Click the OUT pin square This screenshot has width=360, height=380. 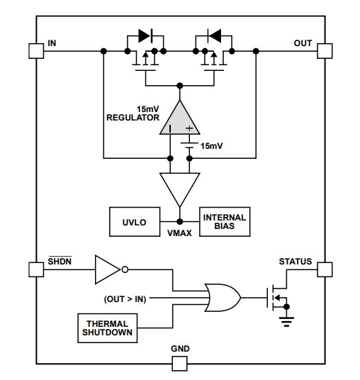pos(324,50)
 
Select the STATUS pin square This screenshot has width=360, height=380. pos(324,269)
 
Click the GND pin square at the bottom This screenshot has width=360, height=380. pos(179,364)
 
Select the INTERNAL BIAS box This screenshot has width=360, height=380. pos(225,222)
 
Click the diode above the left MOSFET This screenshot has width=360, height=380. pos(145,34)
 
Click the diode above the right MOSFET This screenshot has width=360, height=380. pos(213,34)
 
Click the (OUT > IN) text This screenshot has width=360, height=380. pos(126,298)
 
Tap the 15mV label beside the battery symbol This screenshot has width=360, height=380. pos(211,145)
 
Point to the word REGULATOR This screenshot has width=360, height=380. pos(133,118)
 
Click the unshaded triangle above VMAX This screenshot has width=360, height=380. pos(179,186)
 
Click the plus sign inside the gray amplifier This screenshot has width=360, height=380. pos(189,128)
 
